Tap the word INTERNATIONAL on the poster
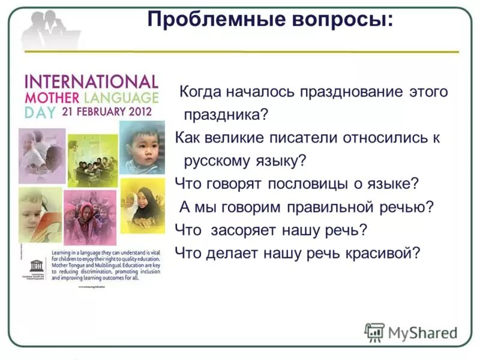coord(90,82)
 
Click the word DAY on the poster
coord(37,112)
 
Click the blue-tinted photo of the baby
coord(142,148)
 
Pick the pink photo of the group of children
coord(89,214)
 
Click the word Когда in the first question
coord(202,92)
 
